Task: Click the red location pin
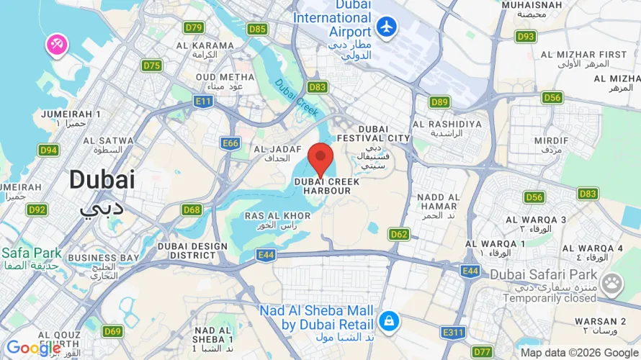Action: coord(320,158)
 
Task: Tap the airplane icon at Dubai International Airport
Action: coord(387,27)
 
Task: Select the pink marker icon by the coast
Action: coord(57,45)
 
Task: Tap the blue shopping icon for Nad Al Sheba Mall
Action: coord(388,320)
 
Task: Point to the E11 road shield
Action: coord(204,102)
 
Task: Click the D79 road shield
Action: coord(194,27)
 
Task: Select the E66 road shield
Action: coord(230,143)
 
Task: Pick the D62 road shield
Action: coord(399,234)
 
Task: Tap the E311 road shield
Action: coord(454,332)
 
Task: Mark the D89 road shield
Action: coord(439,102)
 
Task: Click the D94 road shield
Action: coord(48,150)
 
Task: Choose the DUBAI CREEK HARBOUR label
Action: coord(326,186)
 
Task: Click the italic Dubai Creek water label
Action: coord(296,94)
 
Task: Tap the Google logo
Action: coord(33,348)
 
